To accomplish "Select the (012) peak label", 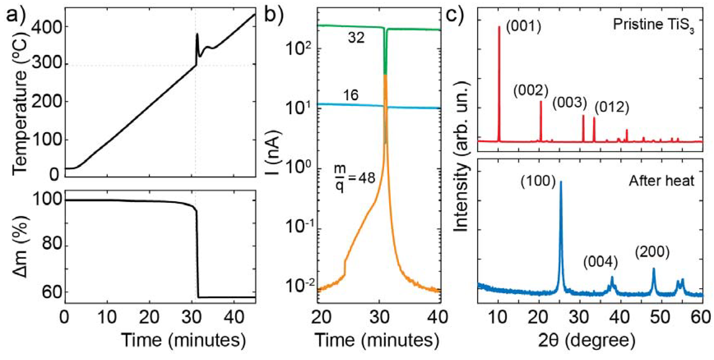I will tap(612, 107).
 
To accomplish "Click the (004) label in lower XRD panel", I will tap(601, 262).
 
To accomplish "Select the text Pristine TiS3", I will tap(653, 25).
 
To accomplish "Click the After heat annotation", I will tap(661, 181).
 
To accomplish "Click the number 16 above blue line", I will tap(351, 95).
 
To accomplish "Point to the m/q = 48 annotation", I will tap(354, 178).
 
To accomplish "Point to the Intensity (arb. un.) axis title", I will tap(461, 157).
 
